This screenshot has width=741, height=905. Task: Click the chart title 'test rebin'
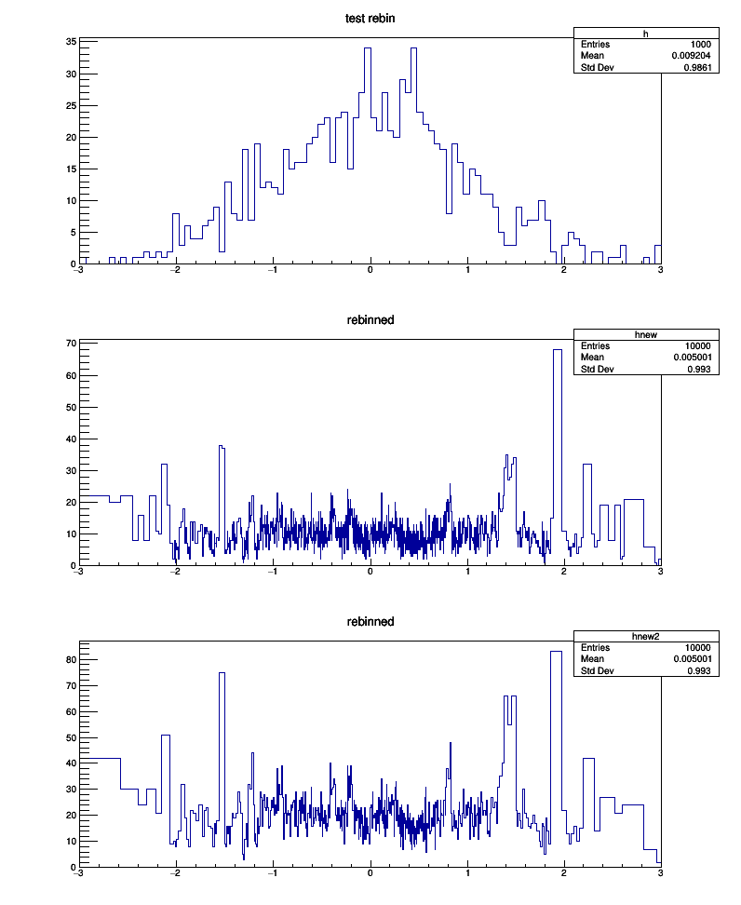click(x=370, y=18)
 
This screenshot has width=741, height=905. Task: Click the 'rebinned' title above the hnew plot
click(x=370, y=319)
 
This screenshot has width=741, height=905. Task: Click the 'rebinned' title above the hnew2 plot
click(x=370, y=621)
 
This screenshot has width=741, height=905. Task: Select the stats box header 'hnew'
click(x=646, y=334)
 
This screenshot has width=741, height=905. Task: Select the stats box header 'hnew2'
click(x=646, y=636)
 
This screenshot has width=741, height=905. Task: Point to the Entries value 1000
click(x=701, y=45)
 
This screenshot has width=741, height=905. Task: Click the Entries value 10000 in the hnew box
click(x=698, y=345)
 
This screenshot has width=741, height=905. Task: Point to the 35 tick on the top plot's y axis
click(x=71, y=42)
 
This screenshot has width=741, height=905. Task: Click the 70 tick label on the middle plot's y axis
click(x=71, y=344)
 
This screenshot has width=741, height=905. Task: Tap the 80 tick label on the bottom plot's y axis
click(x=71, y=659)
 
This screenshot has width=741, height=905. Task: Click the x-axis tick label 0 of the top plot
click(x=370, y=272)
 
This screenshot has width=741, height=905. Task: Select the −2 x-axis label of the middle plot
click(x=175, y=574)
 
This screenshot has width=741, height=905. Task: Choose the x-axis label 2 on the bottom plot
click(x=564, y=875)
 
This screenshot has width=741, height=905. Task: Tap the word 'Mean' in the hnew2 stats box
click(x=592, y=659)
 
